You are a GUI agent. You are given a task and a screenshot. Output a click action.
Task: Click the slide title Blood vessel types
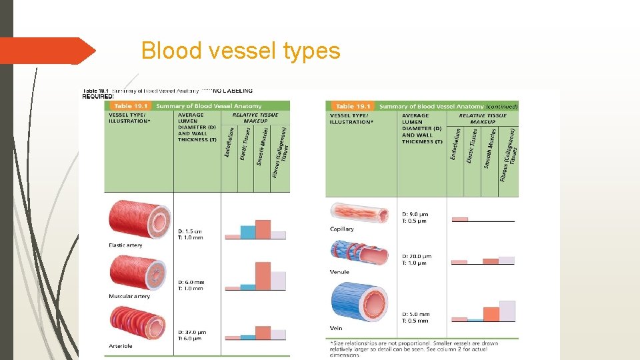pos(241,51)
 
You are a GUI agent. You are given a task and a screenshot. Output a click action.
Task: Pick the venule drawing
pos(359,253)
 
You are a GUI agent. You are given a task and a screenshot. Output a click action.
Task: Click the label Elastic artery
pos(125,245)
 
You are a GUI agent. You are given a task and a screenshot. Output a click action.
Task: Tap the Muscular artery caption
pos(129,296)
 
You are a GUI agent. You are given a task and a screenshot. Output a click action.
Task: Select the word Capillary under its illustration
pos(342,229)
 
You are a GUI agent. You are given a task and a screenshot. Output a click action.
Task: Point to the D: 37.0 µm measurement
pos(192,331)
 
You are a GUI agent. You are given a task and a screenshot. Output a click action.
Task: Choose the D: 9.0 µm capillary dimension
pos(415,214)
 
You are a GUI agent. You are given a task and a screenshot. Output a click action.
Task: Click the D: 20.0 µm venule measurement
pos(417,256)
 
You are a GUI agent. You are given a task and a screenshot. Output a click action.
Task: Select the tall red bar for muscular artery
pos(263,275)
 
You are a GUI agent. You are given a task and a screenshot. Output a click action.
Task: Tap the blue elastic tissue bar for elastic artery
pos(248,232)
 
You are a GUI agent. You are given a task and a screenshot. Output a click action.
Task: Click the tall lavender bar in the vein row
pos(507,311)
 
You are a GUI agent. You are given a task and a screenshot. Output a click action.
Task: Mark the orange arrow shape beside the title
pos(47,51)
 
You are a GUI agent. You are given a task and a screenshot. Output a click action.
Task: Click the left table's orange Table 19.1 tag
pos(131,105)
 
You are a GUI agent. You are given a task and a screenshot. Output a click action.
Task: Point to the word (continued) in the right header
pos(501,106)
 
